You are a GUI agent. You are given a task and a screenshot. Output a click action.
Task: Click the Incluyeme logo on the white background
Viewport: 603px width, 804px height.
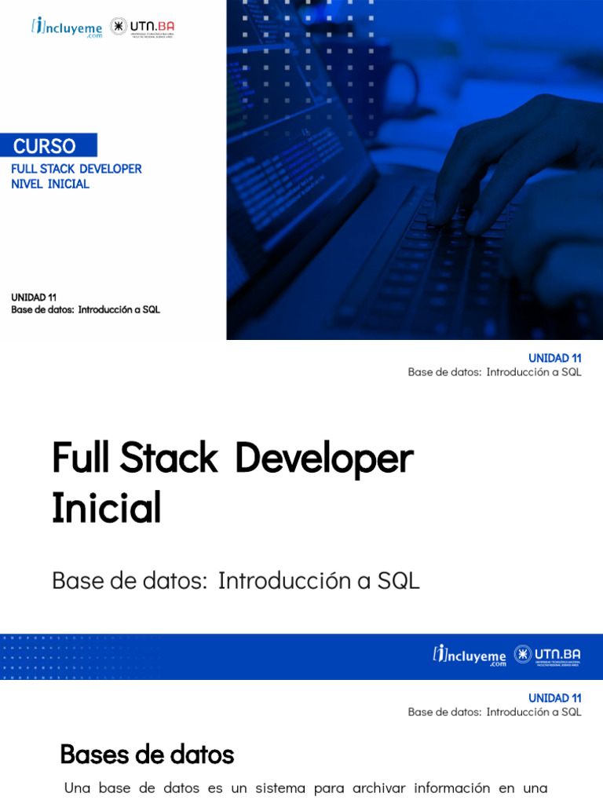67,27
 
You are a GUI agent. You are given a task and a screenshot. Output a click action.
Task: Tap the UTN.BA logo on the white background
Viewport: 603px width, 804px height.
142,27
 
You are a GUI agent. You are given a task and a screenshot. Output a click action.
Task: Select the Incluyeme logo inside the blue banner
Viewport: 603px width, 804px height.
470,655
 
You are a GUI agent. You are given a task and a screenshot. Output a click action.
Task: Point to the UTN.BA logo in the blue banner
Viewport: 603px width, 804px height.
547,655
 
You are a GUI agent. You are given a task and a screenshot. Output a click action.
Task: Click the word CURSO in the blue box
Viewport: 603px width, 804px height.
45,146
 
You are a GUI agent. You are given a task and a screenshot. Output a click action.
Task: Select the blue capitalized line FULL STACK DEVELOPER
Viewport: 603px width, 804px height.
76,169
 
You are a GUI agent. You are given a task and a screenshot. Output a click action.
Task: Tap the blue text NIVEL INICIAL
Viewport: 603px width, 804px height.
50,184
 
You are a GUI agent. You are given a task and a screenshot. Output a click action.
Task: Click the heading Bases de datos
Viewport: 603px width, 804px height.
147,755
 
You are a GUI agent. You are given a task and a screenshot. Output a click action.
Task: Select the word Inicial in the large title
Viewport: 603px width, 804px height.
107,508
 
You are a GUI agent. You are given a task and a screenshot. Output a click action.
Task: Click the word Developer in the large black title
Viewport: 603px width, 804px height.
323,459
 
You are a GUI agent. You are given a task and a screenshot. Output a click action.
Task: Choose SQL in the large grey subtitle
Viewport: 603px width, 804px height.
399,581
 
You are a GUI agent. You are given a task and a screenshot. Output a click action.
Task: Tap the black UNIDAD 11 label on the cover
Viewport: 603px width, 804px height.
34,297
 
